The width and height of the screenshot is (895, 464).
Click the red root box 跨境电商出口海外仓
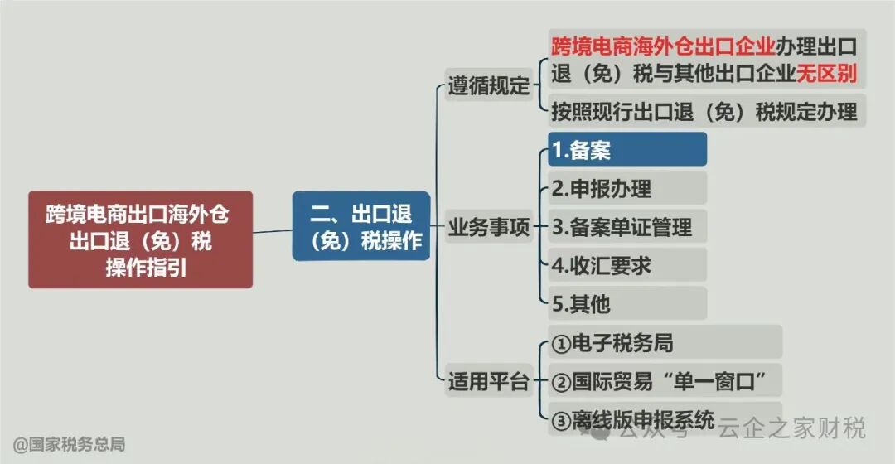[x=139, y=239]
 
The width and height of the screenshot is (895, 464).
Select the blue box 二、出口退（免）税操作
[x=360, y=226]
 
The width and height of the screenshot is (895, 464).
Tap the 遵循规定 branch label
[x=489, y=85]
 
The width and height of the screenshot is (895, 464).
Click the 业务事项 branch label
[x=489, y=227]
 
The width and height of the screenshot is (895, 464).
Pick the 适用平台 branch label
[x=489, y=381]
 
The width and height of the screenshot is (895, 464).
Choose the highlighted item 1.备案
[x=626, y=149]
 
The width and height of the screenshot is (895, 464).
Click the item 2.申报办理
[x=626, y=188]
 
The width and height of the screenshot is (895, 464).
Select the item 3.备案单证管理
[x=626, y=226]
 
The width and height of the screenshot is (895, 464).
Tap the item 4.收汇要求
[x=626, y=264]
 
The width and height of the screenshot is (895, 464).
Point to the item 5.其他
[x=626, y=303]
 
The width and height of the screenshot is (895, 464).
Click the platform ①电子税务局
[x=663, y=341]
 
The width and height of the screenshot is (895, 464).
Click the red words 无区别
[x=826, y=73]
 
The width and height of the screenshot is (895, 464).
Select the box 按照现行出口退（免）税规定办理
[x=705, y=111]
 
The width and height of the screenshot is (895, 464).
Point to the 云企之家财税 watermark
[x=791, y=428]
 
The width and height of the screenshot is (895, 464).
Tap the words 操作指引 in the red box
[x=139, y=267]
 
